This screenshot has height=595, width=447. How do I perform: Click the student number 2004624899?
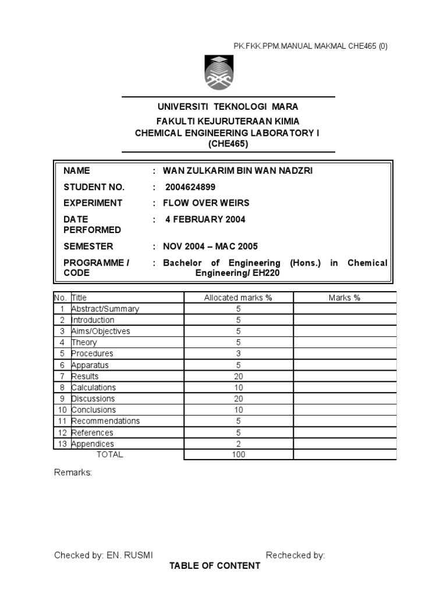pos(190,187)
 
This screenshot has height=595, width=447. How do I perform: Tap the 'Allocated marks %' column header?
pos(238,297)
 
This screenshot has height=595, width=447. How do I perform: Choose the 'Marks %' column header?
pos(344,297)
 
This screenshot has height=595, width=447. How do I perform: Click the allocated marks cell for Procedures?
pos(238,353)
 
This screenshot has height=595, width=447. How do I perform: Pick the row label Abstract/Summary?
pos(105,309)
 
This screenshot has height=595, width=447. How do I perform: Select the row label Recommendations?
pos(105,421)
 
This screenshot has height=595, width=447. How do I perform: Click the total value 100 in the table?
pos(238,454)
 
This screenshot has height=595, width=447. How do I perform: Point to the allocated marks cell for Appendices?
pos(238,443)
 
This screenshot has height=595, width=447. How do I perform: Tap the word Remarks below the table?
pos(73,472)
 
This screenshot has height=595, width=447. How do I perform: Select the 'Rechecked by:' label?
pos(295,555)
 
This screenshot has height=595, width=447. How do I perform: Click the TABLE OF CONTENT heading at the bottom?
pos(215,566)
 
